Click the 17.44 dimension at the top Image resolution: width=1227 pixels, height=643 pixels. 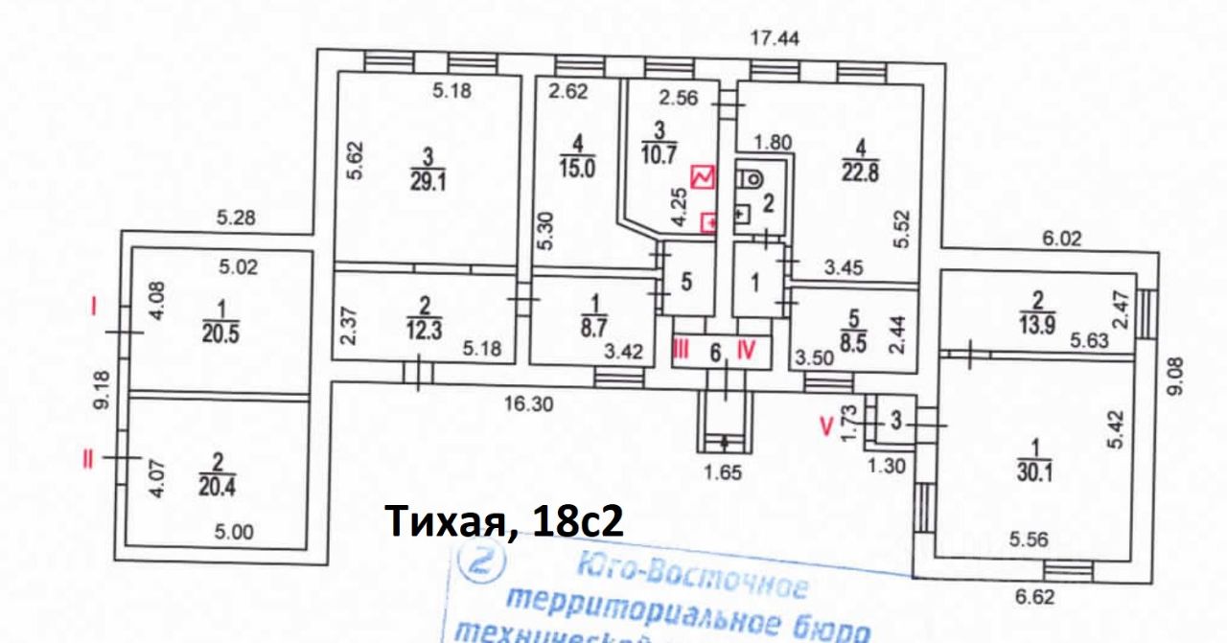[776, 38]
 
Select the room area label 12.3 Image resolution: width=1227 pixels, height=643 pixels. [425, 332]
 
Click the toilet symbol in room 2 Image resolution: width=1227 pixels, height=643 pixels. [751, 177]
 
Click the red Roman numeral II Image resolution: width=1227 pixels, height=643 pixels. [89, 459]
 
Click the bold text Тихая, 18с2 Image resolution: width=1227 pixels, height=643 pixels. [504, 522]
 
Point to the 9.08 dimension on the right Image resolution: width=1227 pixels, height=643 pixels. [1180, 376]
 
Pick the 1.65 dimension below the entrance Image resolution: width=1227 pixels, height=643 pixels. [723, 471]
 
